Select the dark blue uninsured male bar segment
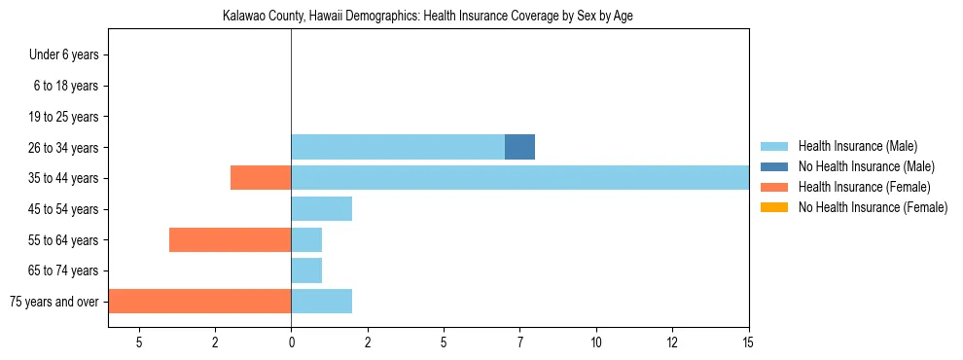(x=519, y=147)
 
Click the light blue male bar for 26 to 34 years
(x=397, y=147)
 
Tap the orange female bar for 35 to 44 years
(x=261, y=178)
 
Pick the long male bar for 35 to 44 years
(x=519, y=178)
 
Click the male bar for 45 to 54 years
(x=321, y=209)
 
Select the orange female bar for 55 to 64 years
(x=230, y=239)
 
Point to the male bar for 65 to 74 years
(x=306, y=270)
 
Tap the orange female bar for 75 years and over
(x=199, y=302)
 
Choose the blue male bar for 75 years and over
(x=321, y=302)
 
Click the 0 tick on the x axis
(x=291, y=342)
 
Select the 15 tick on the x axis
(x=748, y=342)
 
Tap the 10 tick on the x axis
(x=595, y=342)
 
